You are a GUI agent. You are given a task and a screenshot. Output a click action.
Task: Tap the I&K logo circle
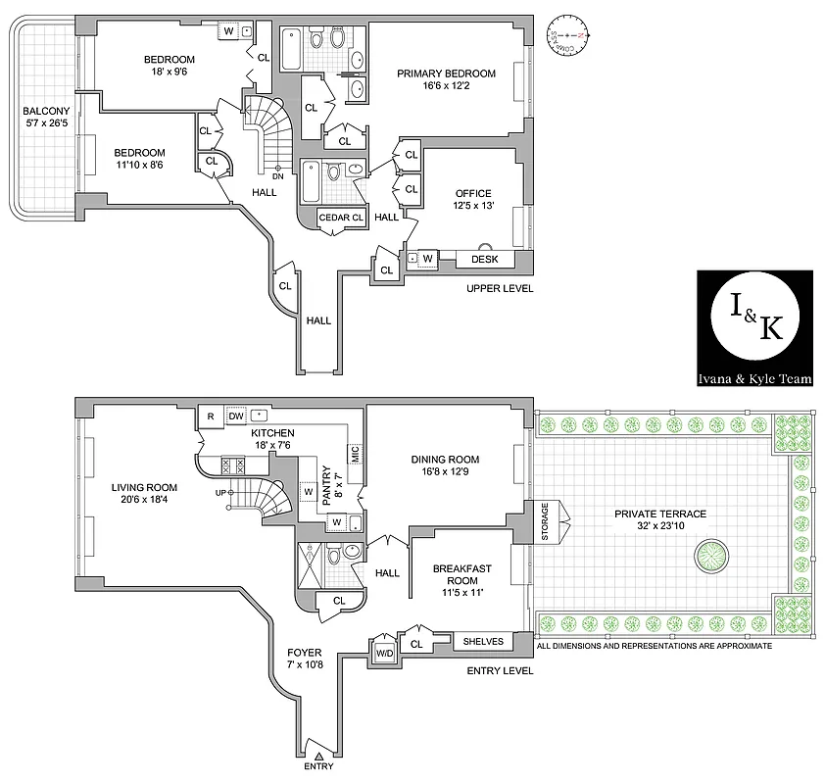(753, 322)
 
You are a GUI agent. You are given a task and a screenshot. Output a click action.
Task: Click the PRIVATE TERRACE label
(659, 514)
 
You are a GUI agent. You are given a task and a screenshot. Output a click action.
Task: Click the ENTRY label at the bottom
(318, 766)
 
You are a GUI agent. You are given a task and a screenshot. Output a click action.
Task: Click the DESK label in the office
(484, 260)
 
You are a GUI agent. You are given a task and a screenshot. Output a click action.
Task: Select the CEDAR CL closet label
(341, 218)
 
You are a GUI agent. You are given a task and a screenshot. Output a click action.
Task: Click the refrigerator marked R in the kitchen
(210, 416)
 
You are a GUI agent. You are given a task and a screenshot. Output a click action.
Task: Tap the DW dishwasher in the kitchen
(236, 416)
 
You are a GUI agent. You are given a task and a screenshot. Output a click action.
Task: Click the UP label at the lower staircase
(220, 492)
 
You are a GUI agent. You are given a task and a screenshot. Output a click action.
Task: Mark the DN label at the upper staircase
(277, 177)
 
